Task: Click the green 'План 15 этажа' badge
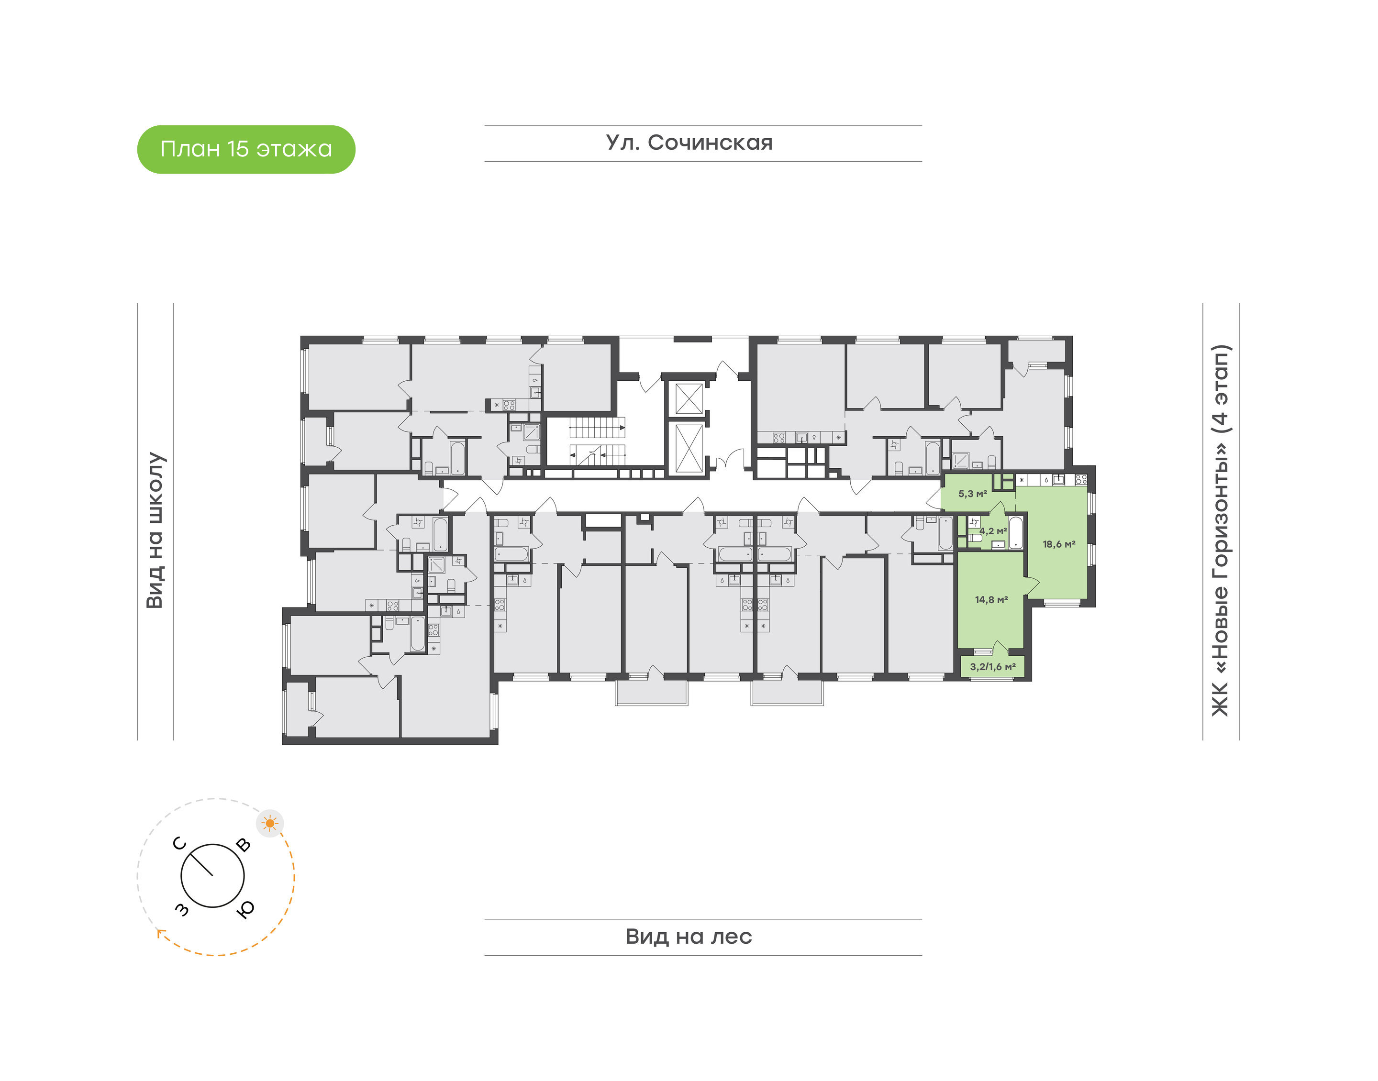246,149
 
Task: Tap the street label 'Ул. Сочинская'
689,143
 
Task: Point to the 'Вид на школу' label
156,530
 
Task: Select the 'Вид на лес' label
689,936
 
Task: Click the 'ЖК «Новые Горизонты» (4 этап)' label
1221,530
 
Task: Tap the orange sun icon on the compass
270,823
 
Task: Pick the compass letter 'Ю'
245,908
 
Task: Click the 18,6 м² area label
1059,544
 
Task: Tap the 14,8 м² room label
991,599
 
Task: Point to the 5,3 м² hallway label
972,494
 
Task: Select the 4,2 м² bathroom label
993,531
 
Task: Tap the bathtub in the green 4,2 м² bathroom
1015,533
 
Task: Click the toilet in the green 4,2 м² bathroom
976,538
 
